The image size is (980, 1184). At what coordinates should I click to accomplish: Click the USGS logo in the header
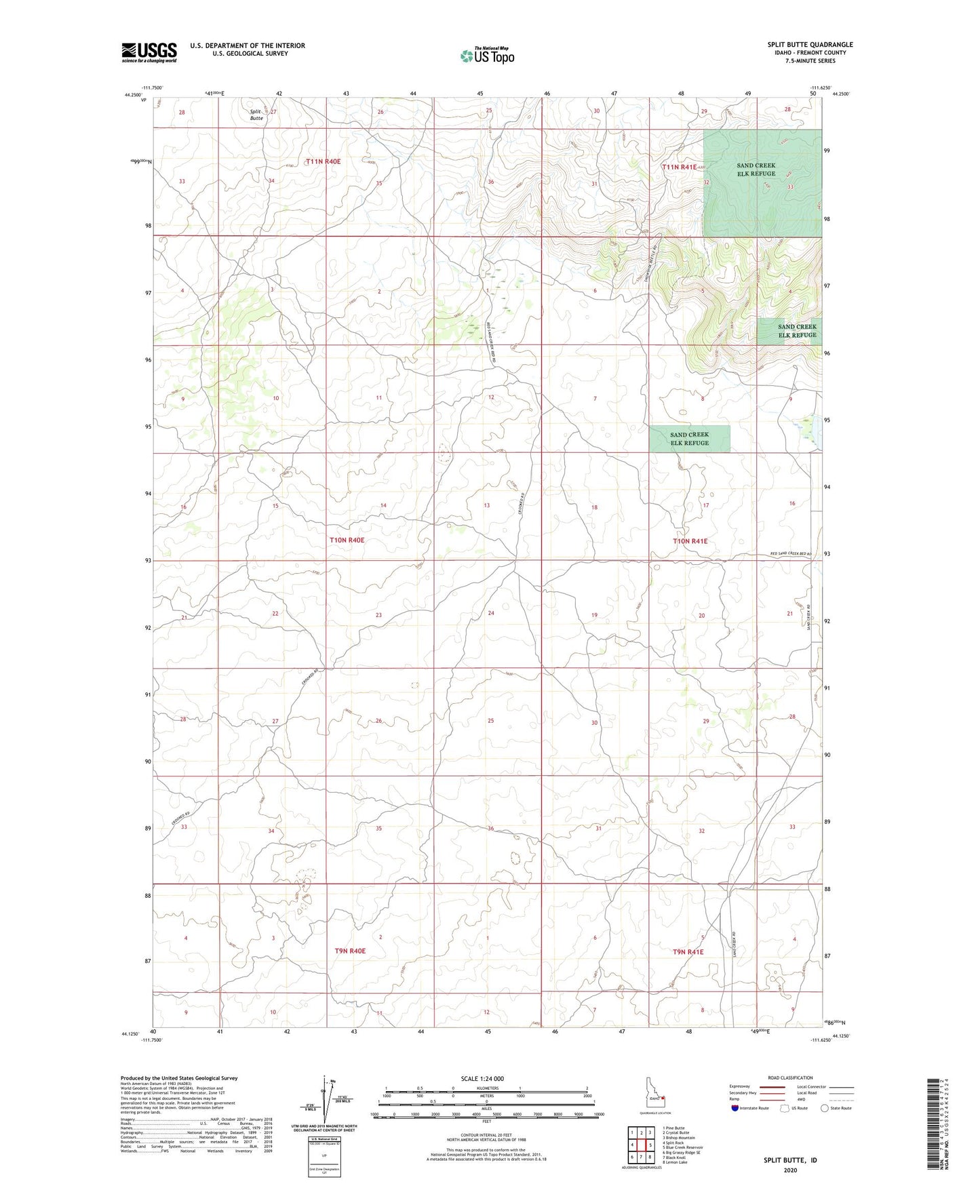[x=149, y=52]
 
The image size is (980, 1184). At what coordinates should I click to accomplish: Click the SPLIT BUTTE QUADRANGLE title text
[x=810, y=45]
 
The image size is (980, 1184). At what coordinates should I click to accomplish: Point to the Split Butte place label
[x=256, y=115]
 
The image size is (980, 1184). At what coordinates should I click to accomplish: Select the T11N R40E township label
[x=323, y=161]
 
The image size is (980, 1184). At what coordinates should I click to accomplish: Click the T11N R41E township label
[x=679, y=166]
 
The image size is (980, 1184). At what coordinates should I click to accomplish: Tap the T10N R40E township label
[x=347, y=540]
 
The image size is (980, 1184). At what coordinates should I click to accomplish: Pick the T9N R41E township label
[x=688, y=952]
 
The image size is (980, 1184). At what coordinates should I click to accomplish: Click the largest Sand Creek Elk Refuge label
[x=756, y=170]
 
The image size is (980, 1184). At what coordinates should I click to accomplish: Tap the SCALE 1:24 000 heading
[x=482, y=1078]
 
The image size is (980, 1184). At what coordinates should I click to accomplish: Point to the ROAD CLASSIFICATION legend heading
[x=790, y=1078]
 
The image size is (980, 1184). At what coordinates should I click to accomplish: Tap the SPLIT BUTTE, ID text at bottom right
[x=790, y=1160]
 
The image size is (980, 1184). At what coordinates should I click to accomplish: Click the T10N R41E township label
[x=690, y=541]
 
